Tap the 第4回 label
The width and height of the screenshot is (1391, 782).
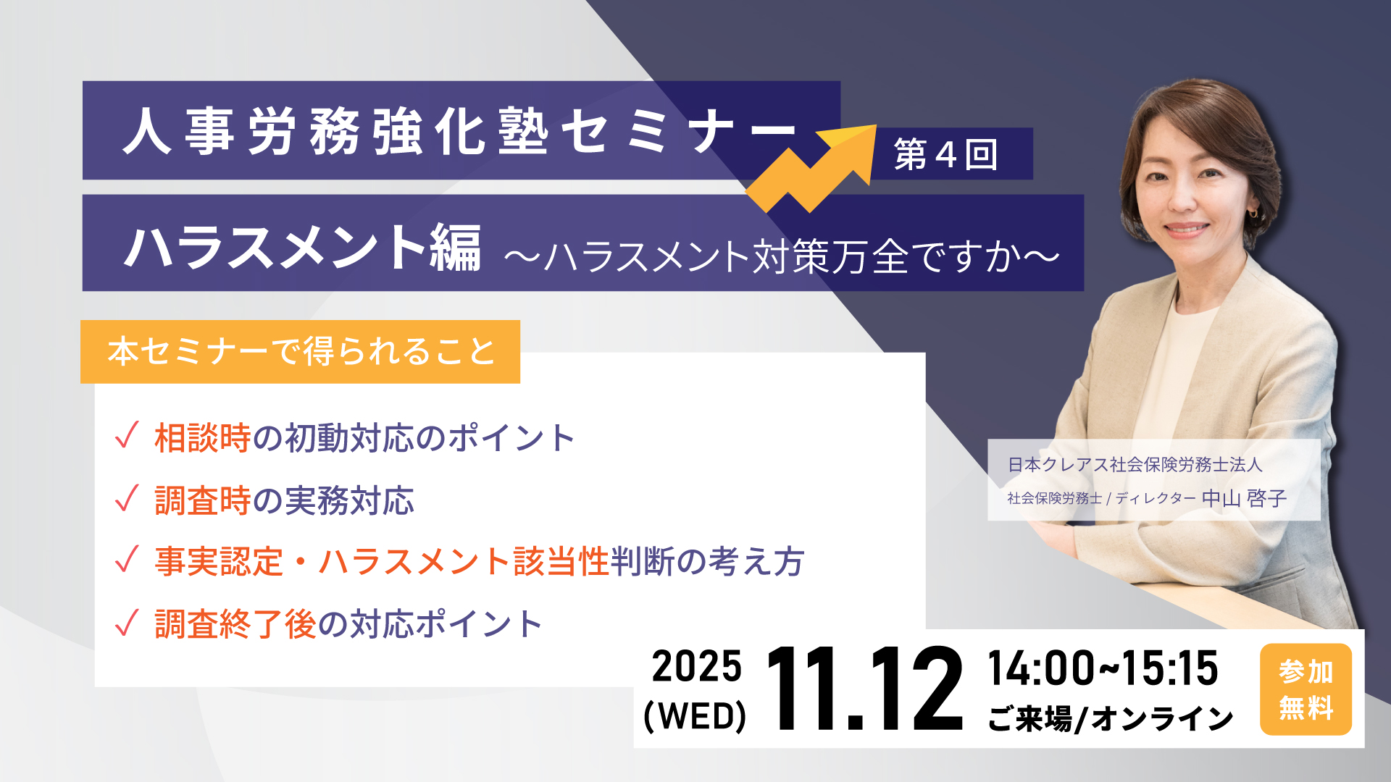tap(945, 154)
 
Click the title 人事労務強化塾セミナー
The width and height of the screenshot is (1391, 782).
tap(459, 131)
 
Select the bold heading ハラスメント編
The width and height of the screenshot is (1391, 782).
tap(302, 246)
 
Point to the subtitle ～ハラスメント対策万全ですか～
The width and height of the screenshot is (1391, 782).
tap(782, 256)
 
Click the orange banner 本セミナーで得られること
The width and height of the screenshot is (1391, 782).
tap(301, 352)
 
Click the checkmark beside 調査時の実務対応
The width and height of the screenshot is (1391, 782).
tap(126, 498)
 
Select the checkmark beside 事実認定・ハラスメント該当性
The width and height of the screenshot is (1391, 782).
tap(126, 560)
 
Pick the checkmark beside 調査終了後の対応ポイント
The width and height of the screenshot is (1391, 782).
tap(126, 623)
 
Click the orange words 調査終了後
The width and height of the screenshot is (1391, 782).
tap(235, 624)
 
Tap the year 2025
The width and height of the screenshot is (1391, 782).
tap(697, 666)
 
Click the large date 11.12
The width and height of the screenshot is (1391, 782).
tap(864, 689)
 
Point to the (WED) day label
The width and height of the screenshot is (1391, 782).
tap(695, 716)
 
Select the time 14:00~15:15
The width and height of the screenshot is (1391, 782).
tap(1103, 668)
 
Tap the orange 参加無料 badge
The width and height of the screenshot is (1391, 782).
tap(1306, 689)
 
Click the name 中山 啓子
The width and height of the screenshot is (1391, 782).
tap(1244, 498)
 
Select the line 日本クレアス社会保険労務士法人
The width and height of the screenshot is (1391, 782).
tap(1135, 464)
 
